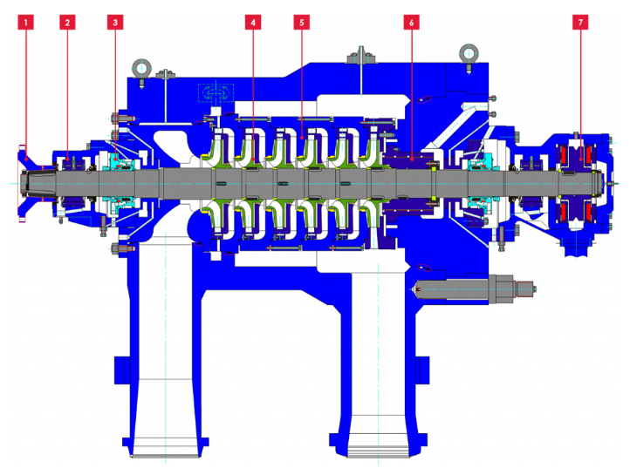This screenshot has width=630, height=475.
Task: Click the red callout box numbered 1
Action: (x=25, y=23)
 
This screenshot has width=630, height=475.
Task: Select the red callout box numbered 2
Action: (x=67, y=23)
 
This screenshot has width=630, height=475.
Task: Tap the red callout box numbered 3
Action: (x=115, y=23)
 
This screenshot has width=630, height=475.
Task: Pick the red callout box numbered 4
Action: (x=253, y=23)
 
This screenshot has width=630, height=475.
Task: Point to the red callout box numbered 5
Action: (x=302, y=23)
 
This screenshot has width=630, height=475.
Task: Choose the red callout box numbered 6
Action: (x=412, y=23)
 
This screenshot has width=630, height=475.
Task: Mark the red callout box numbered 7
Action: (x=580, y=23)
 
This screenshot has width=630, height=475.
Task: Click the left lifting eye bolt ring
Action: (x=141, y=67)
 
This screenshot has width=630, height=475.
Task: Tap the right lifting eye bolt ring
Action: (x=469, y=52)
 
